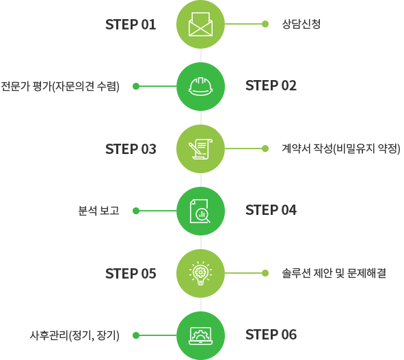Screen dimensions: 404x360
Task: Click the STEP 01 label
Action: [131, 25]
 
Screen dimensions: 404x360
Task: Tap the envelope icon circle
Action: [200, 24]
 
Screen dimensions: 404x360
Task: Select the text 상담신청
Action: [301, 24]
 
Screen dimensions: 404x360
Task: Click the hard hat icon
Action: [200, 86]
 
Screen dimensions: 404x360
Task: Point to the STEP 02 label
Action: [271, 86]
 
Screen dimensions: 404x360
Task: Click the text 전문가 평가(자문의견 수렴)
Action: [60, 86]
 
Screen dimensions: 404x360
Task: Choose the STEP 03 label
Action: [131, 149]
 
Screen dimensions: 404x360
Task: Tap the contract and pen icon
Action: [200, 149]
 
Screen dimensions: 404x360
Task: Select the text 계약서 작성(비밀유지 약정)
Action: [341, 149]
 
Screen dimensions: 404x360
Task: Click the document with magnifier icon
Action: [200, 211]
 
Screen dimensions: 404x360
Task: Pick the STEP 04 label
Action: [271, 210]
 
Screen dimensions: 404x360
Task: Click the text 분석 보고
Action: [98, 211]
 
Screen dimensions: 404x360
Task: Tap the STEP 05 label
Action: [131, 274]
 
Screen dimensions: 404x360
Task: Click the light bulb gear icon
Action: [200, 273]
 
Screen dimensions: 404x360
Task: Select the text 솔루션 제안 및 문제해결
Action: [334, 273]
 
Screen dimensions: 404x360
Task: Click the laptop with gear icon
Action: [200, 336]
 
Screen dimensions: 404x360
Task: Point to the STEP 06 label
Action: [271, 335]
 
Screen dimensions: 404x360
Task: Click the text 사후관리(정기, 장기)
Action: [75, 335]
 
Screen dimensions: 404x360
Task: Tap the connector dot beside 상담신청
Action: [265, 24]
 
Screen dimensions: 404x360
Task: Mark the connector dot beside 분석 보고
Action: [136, 211]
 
